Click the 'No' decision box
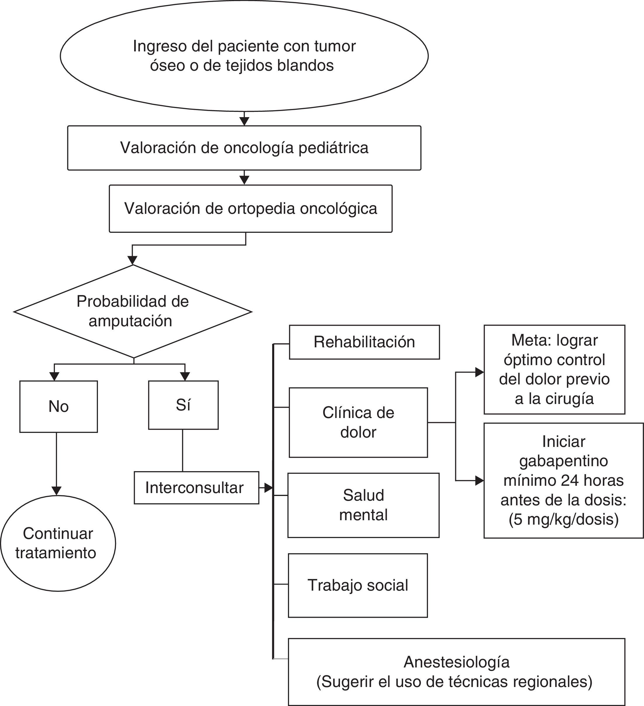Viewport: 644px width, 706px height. (58, 407)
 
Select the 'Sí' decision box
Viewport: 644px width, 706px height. (183, 405)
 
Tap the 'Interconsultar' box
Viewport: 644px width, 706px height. (196, 488)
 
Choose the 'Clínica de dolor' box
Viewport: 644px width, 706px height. (358, 422)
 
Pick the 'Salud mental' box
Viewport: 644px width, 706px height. (363, 505)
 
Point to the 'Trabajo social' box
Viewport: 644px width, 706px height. (358, 585)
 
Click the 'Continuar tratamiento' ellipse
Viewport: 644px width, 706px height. (58, 543)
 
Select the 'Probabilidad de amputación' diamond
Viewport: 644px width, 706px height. (133, 311)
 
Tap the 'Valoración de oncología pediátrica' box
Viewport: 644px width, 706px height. (244, 148)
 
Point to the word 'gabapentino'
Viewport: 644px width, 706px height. (563, 461)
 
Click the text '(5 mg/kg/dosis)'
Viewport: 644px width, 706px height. (563, 519)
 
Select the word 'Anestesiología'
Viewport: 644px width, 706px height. (457, 662)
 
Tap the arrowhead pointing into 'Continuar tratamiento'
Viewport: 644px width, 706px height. (56, 491)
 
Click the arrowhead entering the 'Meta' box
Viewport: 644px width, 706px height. (479, 372)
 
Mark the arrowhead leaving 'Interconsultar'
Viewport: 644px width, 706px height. (268, 488)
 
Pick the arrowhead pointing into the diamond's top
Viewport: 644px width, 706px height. (132, 260)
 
